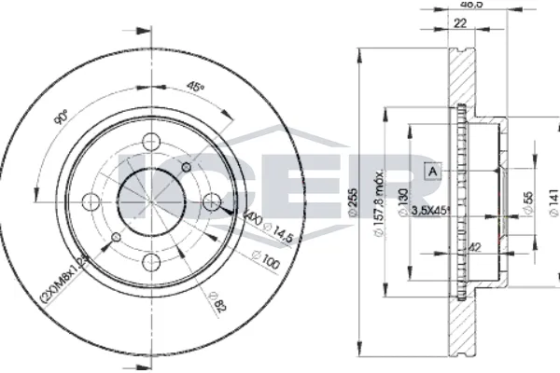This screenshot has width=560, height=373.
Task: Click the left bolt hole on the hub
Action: (x=91, y=200)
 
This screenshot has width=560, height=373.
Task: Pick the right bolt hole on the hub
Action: (x=212, y=200)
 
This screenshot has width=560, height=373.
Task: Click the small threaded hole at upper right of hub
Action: (x=187, y=166)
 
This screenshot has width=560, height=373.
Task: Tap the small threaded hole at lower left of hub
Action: (x=116, y=237)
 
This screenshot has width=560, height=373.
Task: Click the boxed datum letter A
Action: (x=431, y=170)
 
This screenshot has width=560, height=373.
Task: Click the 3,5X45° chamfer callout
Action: (x=430, y=212)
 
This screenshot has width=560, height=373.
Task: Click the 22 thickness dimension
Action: (x=459, y=24)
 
